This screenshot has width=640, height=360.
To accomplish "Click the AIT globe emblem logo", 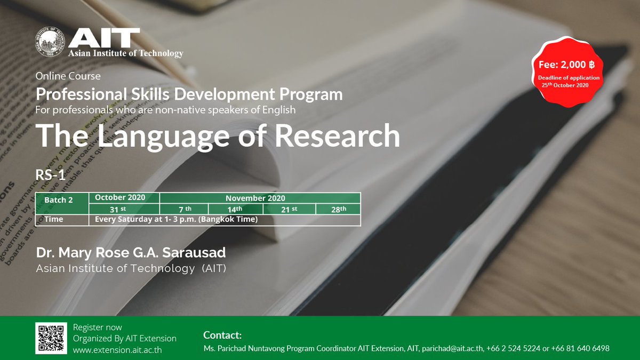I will (x=51, y=43).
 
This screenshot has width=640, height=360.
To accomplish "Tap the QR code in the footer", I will (x=51, y=338).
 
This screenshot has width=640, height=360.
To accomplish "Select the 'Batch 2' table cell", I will (x=62, y=203).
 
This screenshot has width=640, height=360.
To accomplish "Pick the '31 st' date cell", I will (x=124, y=209).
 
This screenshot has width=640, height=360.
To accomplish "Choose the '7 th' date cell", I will (x=184, y=209).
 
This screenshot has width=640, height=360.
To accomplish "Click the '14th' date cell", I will (x=235, y=209).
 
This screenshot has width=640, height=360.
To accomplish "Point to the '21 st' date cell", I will (x=289, y=209).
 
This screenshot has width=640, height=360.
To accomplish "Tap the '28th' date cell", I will (x=338, y=209).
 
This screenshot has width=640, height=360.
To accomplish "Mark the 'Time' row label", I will (x=54, y=219).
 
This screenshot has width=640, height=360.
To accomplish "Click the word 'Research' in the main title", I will (x=337, y=136).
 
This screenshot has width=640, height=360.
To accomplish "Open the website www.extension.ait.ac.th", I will (x=117, y=350).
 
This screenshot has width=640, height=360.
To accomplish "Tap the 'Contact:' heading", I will (x=222, y=335).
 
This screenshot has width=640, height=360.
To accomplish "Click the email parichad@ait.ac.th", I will (x=452, y=348).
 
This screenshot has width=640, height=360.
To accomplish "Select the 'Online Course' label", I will (x=68, y=76).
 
